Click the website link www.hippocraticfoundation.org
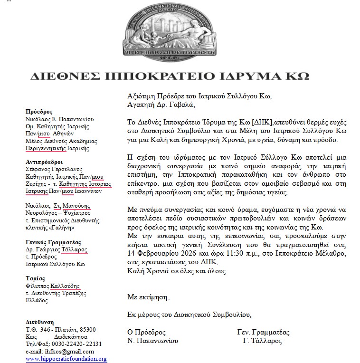click(66, 359)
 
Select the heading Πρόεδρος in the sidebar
click(39, 112)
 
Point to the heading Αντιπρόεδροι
click(44, 162)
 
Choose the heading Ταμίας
click(36, 278)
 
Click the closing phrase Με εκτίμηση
click(148, 297)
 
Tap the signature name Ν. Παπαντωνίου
click(152, 341)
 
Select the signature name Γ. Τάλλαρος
click(262, 341)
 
